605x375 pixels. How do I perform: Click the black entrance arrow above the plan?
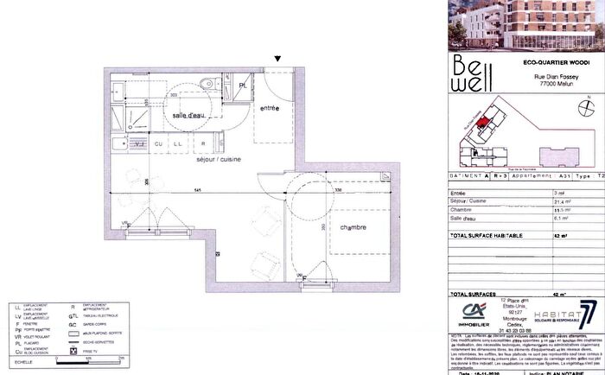click(277, 59)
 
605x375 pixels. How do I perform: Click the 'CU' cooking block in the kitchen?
click(160, 143)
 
